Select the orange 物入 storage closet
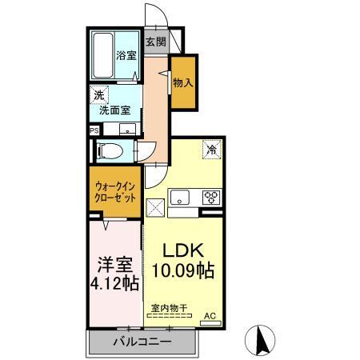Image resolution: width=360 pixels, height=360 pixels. [x=183, y=82]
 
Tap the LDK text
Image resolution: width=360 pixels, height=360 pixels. [x=183, y=248]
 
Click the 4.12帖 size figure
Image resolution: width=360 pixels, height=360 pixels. [x=114, y=283]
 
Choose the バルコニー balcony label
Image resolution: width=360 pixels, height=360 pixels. [x=141, y=342]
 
